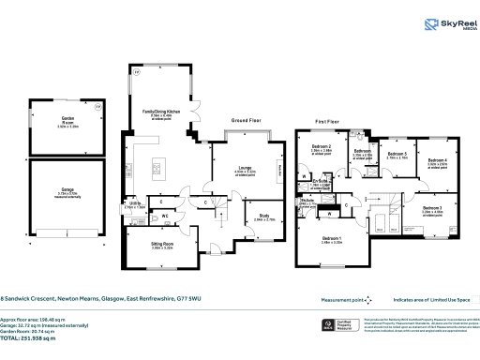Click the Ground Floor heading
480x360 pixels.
(247, 121)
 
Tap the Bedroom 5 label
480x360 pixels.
(397, 155)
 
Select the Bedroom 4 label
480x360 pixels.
(438, 161)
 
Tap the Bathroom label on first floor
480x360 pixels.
(363, 152)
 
